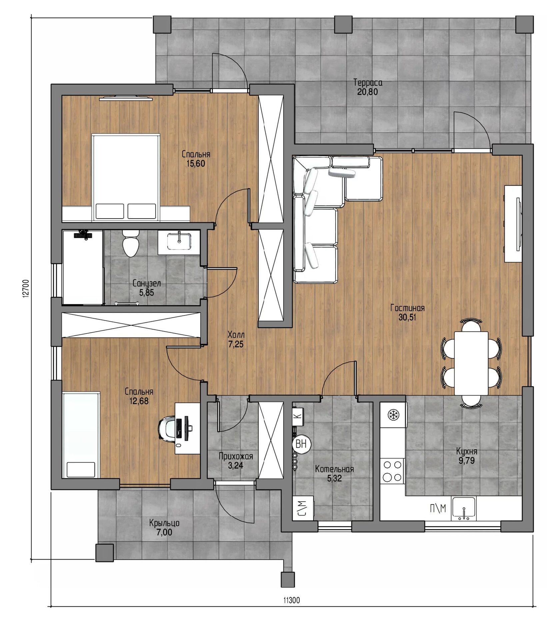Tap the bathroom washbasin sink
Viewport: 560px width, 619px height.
[x=179, y=241]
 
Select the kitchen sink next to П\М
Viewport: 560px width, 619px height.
[x=464, y=509]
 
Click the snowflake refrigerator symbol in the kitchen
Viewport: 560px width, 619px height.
[x=394, y=415]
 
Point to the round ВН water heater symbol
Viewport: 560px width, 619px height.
[x=301, y=444]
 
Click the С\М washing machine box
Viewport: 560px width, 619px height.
[x=303, y=508]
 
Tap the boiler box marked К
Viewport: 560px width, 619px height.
[x=298, y=416]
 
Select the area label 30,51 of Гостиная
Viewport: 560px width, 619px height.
[x=407, y=317]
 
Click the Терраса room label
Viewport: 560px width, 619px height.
[x=368, y=82]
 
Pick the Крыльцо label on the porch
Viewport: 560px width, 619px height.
[x=164, y=523]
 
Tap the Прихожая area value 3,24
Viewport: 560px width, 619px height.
[x=235, y=465]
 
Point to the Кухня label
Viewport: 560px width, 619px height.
[x=467, y=452]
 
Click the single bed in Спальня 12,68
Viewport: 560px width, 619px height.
[x=81, y=435]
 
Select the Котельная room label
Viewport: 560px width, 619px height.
[x=334, y=469]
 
